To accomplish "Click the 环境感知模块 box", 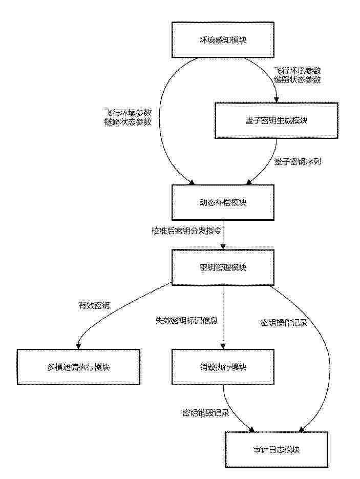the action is (223, 40).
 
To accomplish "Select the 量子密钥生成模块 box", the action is (277, 120).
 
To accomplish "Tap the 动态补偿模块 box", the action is (223, 202).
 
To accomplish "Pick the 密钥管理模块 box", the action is (223, 267).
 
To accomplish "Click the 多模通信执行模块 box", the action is (78, 367).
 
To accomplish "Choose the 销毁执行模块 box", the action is (223, 367).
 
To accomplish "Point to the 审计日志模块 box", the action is (277, 449).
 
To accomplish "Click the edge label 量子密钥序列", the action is (298, 161).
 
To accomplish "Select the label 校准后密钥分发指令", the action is (186, 231).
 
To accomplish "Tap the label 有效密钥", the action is (94, 305).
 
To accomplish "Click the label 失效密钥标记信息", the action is (186, 320).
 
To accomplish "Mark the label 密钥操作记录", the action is (284, 323).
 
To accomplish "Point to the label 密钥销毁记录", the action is (206, 413).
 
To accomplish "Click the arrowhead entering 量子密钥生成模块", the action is (277, 100).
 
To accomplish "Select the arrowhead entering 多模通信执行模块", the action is (78, 346).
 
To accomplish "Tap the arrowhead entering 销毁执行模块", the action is (223, 346).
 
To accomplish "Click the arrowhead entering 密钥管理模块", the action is (223, 247).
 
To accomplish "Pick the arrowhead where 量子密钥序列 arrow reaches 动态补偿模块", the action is (248, 182).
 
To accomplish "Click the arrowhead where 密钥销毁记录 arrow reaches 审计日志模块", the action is (251, 430).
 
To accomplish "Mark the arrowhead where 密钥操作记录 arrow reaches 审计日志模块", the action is (302, 430).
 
